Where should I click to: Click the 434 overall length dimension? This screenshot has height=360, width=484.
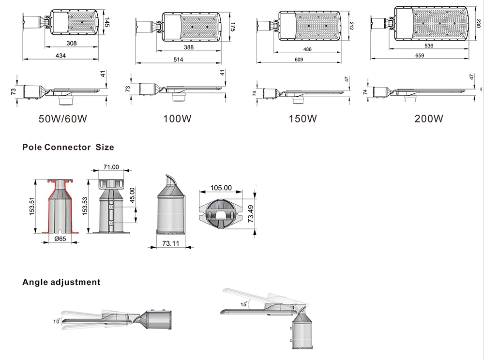(x=60, y=56)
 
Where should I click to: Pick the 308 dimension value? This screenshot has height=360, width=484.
(x=72, y=44)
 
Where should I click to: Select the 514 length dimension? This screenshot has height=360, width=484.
(x=178, y=59)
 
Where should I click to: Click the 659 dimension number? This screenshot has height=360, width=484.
(x=419, y=56)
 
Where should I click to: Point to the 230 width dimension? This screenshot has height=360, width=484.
(x=478, y=24)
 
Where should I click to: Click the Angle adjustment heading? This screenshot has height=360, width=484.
(x=61, y=282)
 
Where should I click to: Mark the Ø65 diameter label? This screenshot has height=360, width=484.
(x=60, y=239)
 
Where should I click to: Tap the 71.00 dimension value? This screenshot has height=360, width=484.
(x=111, y=167)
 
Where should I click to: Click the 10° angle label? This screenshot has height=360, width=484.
(x=57, y=321)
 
